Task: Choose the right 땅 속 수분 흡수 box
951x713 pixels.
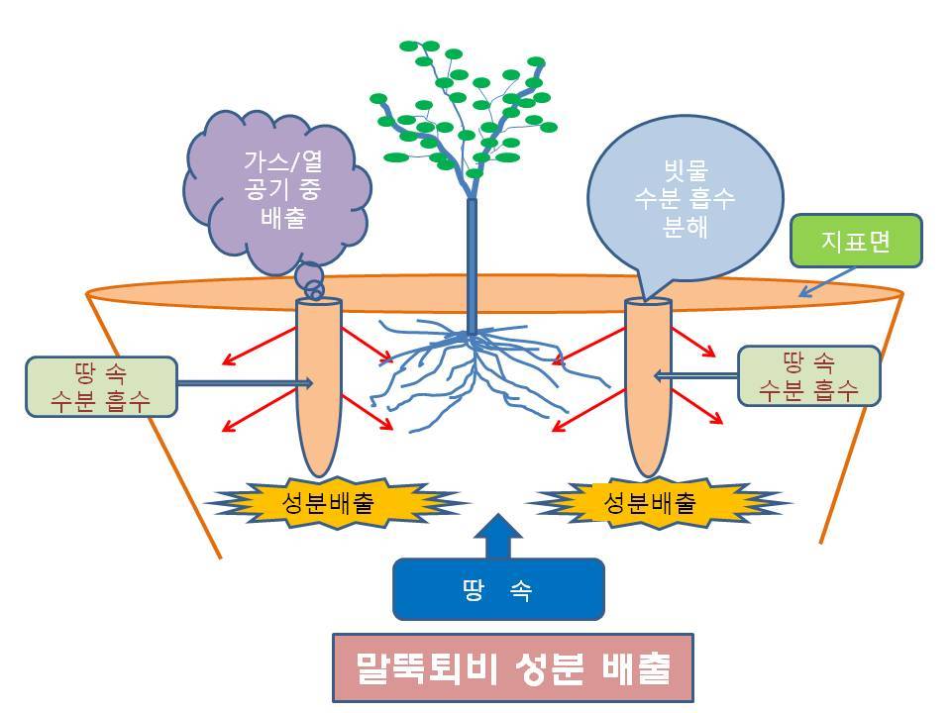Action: pyautogui.click(x=809, y=375)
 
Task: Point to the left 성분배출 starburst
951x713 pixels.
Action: pyautogui.click(x=337, y=503)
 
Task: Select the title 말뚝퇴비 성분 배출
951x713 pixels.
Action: pyautogui.click(x=512, y=668)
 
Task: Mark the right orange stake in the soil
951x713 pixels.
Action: pyautogui.click(x=648, y=386)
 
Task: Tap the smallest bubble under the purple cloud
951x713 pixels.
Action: pyautogui.click(x=314, y=291)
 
